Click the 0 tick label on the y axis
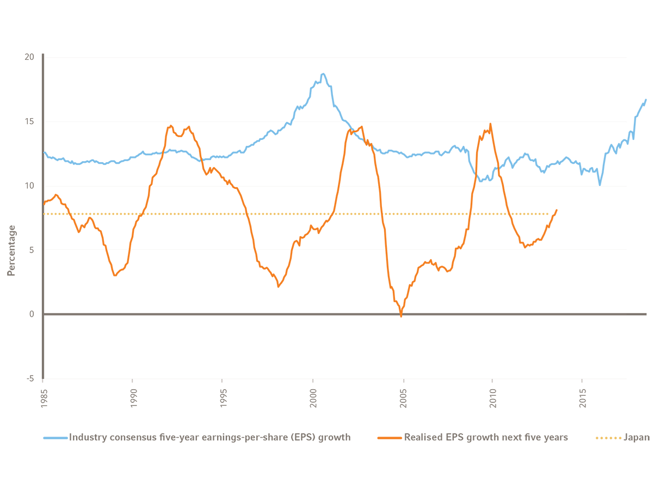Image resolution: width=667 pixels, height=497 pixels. tap(32, 314)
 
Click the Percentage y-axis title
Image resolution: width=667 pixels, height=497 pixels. tap(11, 250)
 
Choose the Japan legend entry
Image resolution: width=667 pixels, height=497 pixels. tap(636, 437)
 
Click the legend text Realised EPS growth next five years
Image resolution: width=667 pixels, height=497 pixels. tap(486, 437)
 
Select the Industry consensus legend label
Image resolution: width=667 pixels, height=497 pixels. tap(209, 437)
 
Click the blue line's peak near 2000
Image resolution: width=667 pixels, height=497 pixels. tap(323, 73)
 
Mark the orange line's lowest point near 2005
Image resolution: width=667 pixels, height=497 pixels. tap(402, 316)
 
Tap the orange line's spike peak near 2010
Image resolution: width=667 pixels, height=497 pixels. tap(491, 124)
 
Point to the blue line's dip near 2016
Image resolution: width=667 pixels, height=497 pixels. tap(600, 185)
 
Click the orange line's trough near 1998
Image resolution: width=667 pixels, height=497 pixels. tap(279, 286)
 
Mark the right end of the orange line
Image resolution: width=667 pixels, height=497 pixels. tap(557, 210)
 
